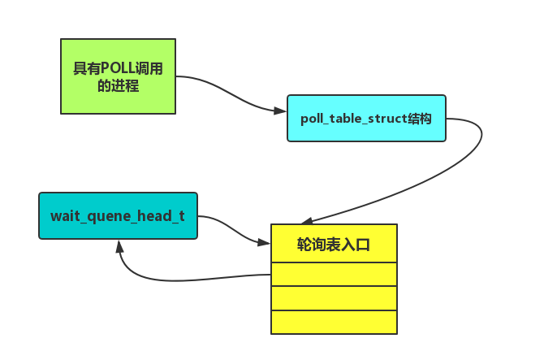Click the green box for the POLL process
(x=118, y=76)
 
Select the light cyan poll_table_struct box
(x=366, y=118)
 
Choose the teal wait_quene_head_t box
(x=118, y=215)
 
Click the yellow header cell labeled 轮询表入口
(x=334, y=243)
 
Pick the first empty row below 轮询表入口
(x=334, y=274)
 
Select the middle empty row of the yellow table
(x=334, y=297)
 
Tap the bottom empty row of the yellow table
(x=334, y=322)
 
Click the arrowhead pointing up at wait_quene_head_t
(x=120, y=246)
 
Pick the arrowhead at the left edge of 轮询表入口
(x=264, y=242)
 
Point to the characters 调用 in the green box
(x=152, y=69)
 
